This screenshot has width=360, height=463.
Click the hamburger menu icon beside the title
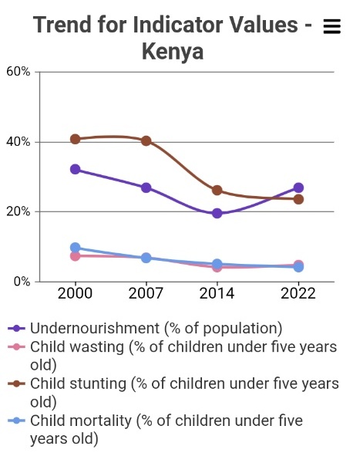click(331, 26)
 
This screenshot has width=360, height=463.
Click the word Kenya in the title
click(173, 52)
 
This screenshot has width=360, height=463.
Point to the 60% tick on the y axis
click(19, 72)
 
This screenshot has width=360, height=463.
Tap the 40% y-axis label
click(19, 142)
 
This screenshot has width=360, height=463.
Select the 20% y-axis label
click(19, 211)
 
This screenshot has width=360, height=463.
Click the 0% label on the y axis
click(22, 282)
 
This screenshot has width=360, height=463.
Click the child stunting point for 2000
click(75, 139)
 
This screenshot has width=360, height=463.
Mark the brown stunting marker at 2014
click(217, 190)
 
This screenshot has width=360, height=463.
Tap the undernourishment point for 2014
click(217, 213)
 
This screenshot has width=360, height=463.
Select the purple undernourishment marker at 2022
click(298, 188)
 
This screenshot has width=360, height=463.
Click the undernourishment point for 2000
click(75, 169)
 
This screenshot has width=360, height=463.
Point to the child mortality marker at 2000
click(75, 248)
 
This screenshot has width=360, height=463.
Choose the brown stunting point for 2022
click(298, 199)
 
